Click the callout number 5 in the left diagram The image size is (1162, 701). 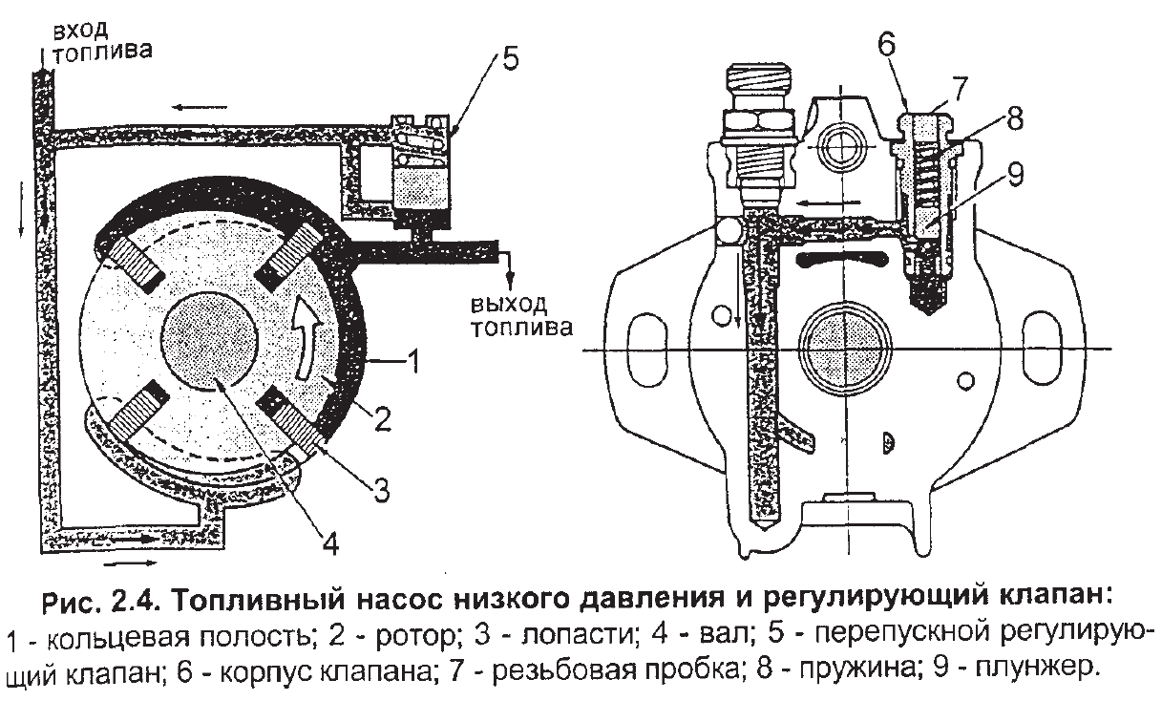[x=510, y=58]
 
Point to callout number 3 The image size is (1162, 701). [x=381, y=493]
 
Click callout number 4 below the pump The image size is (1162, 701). [x=330, y=543]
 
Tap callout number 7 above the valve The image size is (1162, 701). [x=960, y=89]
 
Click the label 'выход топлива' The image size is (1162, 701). [x=520, y=317]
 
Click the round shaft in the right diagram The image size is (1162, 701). [x=842, y=345]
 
